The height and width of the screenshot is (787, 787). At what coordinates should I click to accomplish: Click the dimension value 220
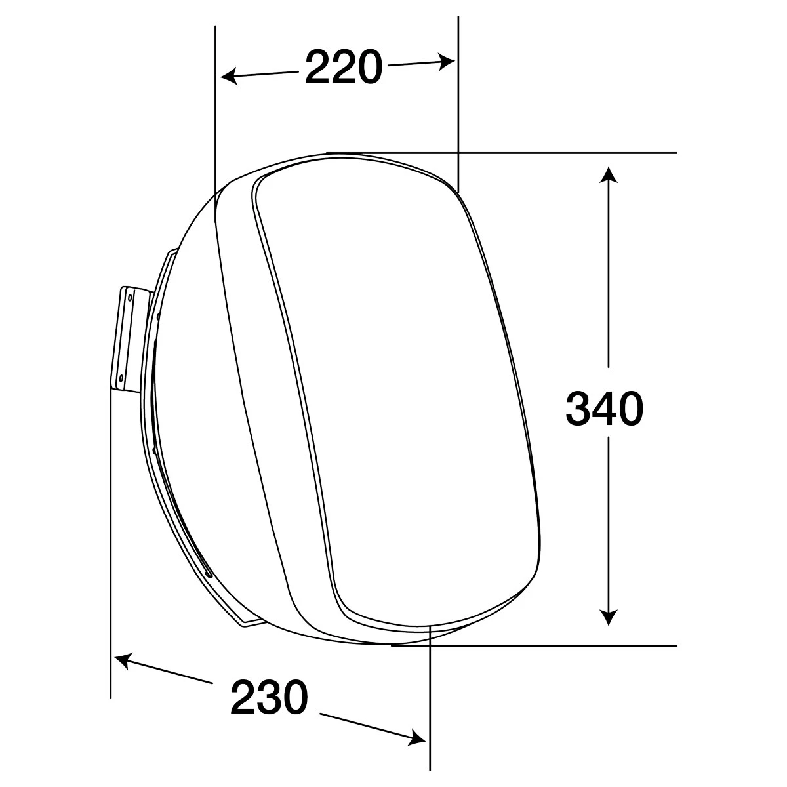pos(344,68)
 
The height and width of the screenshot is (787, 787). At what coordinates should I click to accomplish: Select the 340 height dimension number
pos(605,409)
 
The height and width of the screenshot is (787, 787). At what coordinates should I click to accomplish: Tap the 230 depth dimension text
pos(269,696)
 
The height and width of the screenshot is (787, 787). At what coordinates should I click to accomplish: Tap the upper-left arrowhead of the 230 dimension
pos(123,661)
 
